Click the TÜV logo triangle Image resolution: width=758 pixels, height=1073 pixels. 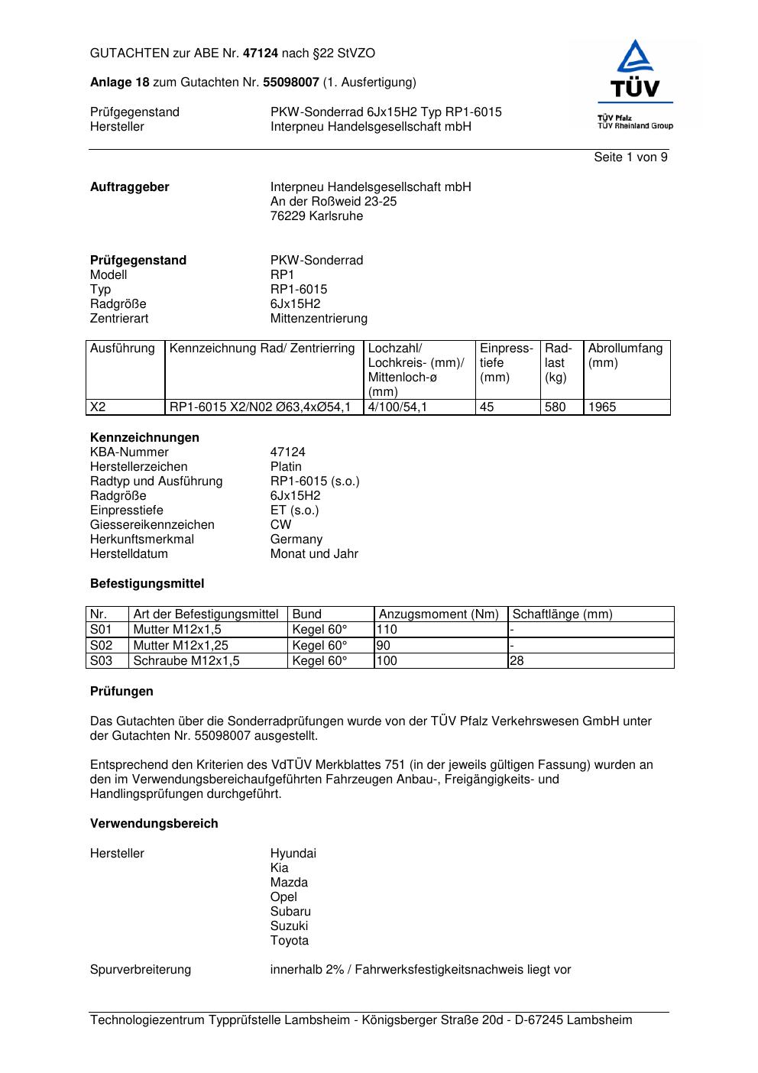[x=634, y=58]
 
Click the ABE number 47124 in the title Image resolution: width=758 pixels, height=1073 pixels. [x=261, y=53]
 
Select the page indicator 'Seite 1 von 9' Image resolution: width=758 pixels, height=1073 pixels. [x=630, y=157]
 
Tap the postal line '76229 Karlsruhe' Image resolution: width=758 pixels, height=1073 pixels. [x=316, y=216]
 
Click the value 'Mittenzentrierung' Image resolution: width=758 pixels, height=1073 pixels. [x=319, y=319]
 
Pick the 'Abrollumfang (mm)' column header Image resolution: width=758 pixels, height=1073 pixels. [x=625, y=355]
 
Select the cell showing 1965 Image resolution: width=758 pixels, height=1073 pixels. [x=602, y=407]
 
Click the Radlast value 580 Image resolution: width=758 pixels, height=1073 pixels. [x=556, y=407]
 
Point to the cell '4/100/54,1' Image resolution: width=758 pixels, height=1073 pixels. [x=397, y=407]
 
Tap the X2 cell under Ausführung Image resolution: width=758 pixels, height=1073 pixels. [x=99, y=407]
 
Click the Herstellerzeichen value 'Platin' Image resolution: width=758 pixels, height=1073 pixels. [x=286, y=467]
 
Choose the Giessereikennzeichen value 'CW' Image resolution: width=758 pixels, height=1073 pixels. [x=280, y=525]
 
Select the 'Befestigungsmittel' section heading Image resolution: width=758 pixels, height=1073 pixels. [x=147, y=584]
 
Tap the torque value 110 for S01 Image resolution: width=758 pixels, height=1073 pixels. [x=387, y=630]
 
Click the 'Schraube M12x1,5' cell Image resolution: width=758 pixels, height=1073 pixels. [x=186, y=661]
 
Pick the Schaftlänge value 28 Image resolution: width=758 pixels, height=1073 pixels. [x=517, y=661]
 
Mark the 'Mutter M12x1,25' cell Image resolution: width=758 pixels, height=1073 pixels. [x=181, y=646]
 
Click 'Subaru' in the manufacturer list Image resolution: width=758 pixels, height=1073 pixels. [x=290, y=912]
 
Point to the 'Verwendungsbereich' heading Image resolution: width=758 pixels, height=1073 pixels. [x=154, y=824]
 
